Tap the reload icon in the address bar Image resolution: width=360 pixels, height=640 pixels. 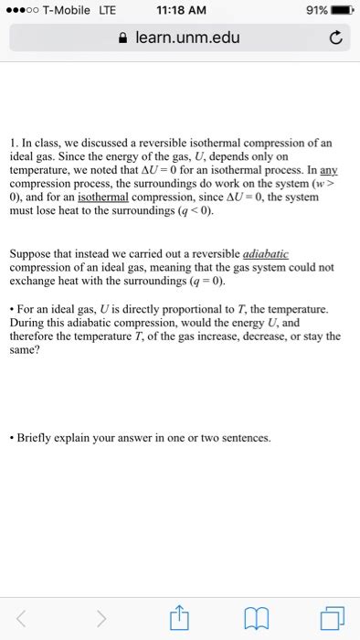334,39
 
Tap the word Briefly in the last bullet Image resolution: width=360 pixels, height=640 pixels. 38,438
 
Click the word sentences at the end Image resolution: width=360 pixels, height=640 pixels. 243,438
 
